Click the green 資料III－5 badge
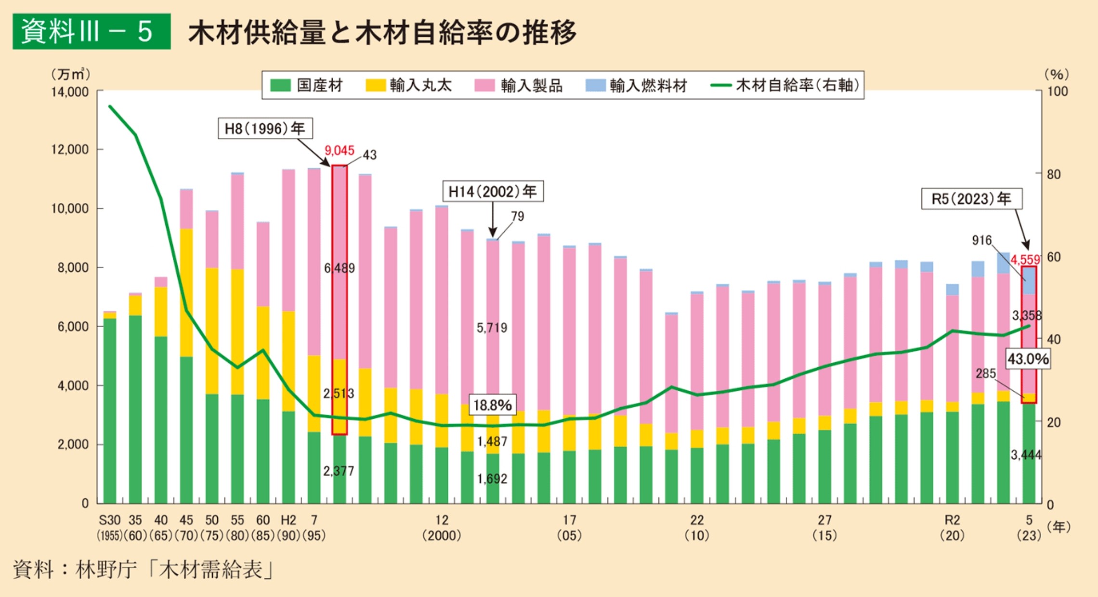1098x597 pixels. tap(91, 31)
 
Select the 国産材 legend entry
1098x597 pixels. tap(307, 85)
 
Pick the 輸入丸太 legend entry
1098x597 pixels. tap(409, 85)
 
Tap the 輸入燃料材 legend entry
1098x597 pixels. tap(636, 85)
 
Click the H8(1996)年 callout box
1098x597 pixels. tap(265, 129)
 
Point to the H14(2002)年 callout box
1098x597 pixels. tap(493, 191)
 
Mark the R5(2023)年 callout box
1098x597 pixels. tap(971, 199)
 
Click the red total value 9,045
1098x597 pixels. tap(339, 150)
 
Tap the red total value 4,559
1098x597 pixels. tap(1025, 260)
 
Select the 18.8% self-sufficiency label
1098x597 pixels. tap(492, 405)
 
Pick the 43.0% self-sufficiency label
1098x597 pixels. tap(1028, 359)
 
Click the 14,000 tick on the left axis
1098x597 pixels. tap(70, 92)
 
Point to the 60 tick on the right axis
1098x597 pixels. tap(1054, 257)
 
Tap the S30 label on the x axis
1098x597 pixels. tap(110, 520)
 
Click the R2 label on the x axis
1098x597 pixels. tap(952, 520)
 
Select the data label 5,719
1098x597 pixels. tap(492, 328)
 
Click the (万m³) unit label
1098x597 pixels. tap(70, 74)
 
